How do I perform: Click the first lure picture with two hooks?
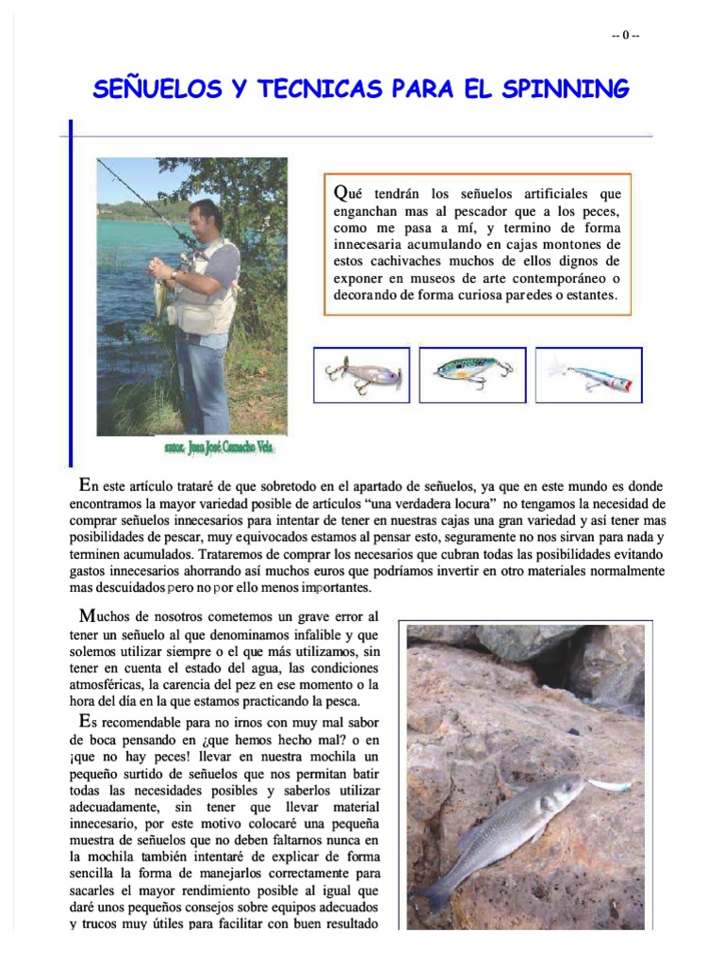pyautogui.click(x=362, y=374)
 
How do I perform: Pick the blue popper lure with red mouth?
pyautogui.click(x=590, y=375)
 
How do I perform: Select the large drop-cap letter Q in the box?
pyautogui.click(x=341, y=192)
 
